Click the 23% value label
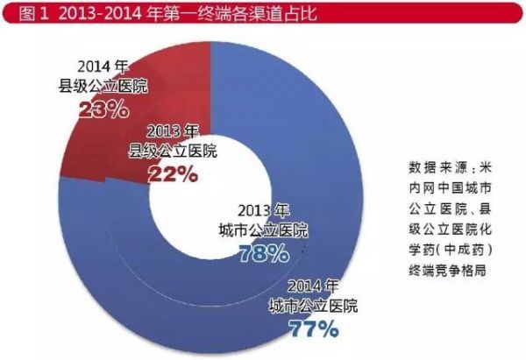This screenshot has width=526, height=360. click(104, 111)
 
